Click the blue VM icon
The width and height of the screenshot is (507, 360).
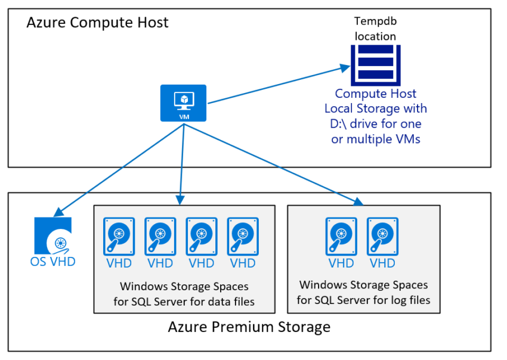click(x=183, y=103)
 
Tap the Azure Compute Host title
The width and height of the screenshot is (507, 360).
click(x=97, y=23)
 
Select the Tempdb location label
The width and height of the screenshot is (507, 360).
click(x=375, y=29)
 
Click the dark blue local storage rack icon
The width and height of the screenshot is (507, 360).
click(x=375, y=64)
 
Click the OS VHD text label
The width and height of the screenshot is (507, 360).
click(x=53, y=262)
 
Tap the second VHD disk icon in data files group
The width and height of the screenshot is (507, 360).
click(x=160, y=236)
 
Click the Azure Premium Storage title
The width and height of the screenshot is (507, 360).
click(x=249, y=327)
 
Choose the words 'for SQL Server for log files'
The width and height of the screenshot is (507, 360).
click(x=363, y=300)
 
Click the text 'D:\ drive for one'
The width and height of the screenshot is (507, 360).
click(x=376, y=124)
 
